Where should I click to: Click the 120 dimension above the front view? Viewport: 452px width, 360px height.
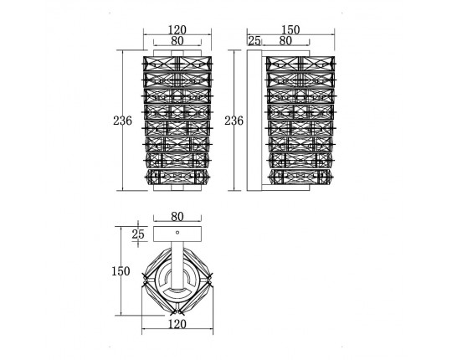(x=177, y=29)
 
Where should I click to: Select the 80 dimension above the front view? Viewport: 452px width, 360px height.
(x=177, y=41)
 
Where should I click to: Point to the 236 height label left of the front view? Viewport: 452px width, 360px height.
(x=122, y=121)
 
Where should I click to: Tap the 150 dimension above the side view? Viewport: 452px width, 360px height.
(x=290, y=29)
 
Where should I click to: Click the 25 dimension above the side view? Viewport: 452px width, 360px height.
(x=254, y=41)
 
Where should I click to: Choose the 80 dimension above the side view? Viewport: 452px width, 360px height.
(x=285, y=41)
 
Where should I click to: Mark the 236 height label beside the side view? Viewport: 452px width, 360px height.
(x=234, y=121)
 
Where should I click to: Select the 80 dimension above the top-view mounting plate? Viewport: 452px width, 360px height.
(x=177, y=217)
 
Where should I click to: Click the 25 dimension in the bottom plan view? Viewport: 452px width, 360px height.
(x=138, y=234)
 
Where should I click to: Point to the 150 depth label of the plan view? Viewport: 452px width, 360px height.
(x=121, y=271)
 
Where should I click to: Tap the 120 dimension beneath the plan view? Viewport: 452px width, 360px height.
(x=177, y=324)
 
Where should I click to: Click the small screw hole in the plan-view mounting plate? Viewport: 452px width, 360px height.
(x=177, y=232)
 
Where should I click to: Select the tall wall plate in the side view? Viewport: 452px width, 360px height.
(x=254, y=121)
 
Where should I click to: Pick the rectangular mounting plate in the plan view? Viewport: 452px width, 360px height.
(x=177, y=234)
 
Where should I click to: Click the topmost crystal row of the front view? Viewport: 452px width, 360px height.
(x=177, y=64)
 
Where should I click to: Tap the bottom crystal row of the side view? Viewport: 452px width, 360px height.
(x=300, y=177)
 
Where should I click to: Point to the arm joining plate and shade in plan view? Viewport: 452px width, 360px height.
(x=177, y=265)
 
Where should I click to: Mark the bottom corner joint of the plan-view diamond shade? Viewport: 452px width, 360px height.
(x=177, y=312)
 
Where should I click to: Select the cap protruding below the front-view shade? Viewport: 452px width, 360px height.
(x=177, y=188)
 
